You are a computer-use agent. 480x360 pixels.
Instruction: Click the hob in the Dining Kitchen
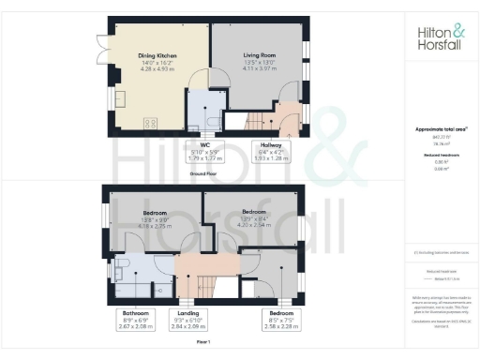(x=149, y=123)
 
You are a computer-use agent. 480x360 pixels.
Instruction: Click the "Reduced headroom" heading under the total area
(x=438, y=154)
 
